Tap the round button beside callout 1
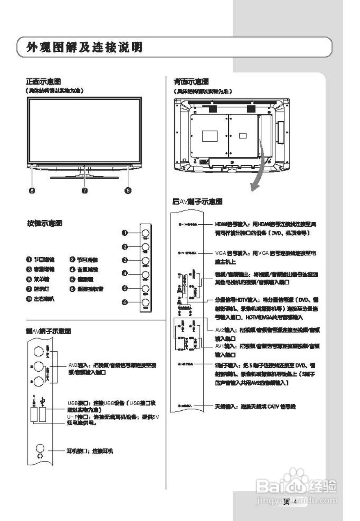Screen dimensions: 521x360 [x=146, y=233]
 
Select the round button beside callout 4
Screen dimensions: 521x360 [x=146, y=274]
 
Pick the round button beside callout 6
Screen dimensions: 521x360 [x=146, y=302]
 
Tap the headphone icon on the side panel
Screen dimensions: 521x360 [x=40, y=456]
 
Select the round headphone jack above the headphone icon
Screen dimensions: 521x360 [x=40, y=448]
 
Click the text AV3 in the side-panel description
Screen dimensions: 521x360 [x=72, y=365]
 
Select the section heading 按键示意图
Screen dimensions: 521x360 [x=44, y=223]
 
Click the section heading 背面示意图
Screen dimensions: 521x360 [x=191, y=81]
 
